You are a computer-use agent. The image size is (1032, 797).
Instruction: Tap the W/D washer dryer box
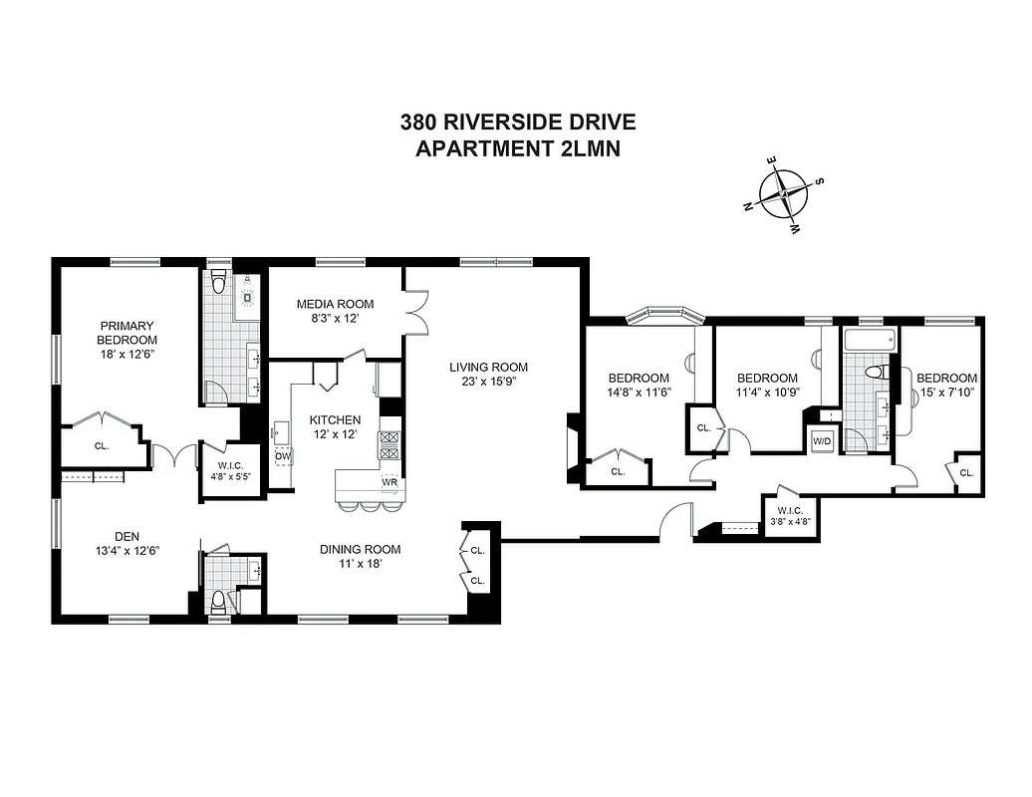coord(823,440)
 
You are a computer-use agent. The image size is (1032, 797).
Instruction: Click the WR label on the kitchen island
coord(389,483)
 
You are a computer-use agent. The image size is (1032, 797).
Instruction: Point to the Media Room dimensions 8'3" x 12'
coord(336,320)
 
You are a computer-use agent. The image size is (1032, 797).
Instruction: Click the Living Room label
coord(487,366)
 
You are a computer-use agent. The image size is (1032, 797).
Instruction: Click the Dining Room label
coord(360,549)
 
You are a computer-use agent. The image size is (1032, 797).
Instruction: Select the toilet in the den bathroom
coord(217,601)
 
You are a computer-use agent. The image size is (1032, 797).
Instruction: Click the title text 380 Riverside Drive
coord(517,123)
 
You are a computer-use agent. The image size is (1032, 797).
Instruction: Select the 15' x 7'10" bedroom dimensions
coord(946,393)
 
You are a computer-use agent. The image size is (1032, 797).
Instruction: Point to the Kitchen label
coord(335,419)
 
